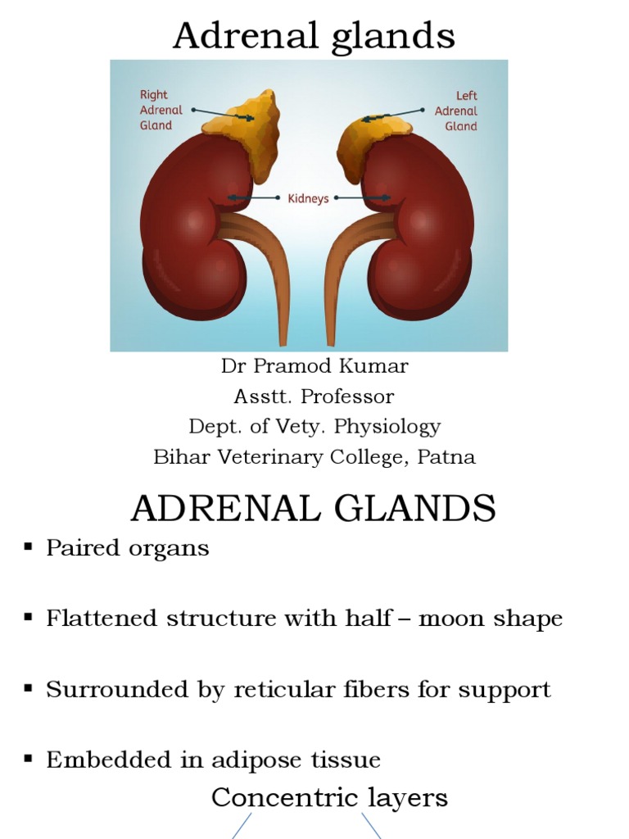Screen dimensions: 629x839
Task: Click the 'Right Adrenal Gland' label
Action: (156, 111)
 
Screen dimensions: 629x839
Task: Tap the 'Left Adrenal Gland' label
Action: (456, 111)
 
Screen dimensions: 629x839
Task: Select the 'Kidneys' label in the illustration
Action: (308, 197)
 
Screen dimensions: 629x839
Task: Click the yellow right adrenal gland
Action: (246, 131)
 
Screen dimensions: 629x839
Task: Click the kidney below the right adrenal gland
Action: (188, 238)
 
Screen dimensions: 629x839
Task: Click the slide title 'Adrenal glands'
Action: (314, 35)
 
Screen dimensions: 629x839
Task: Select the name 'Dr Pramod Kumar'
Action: (314, 366)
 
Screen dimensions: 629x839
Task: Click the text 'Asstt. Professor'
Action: (314, 397)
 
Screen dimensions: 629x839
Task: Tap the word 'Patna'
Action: (446, 457)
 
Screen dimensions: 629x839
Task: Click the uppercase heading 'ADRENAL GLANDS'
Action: (314, 509)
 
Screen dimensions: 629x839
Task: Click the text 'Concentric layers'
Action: (329, 797)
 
